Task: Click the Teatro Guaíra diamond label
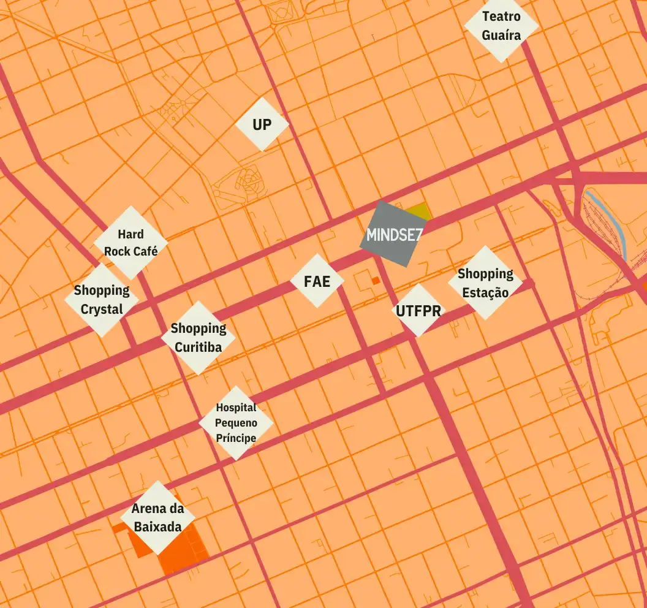point(501,26)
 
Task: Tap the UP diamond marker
point(262,124)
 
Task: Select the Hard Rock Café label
point(131,242)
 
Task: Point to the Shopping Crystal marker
point(102,300)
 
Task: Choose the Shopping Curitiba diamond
point(198,338)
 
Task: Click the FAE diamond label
point(317,281)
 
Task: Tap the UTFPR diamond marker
point(418,311)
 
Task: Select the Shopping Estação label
point(485,283)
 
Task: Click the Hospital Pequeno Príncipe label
point(236,423)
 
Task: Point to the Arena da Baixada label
point(157,517)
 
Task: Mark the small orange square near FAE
point(376,280)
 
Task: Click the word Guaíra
point(501,35)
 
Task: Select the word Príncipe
point(236,438)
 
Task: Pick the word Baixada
point(157,526)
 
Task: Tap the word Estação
point(485,292)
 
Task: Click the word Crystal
point(102,310)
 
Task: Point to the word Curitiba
point(198,348)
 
